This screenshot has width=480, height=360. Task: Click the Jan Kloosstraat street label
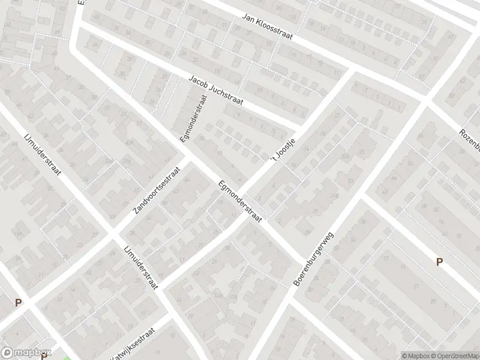tap(267, 27)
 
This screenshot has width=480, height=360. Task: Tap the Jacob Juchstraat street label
tap(216, 91)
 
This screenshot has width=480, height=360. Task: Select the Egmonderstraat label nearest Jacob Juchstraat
tap(193, 121)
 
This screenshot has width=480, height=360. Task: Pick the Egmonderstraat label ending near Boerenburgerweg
tap(241, 202)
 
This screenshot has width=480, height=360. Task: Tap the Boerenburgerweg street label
tap(313, 258)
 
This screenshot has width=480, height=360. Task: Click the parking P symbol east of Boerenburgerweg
tap(439, 262)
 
